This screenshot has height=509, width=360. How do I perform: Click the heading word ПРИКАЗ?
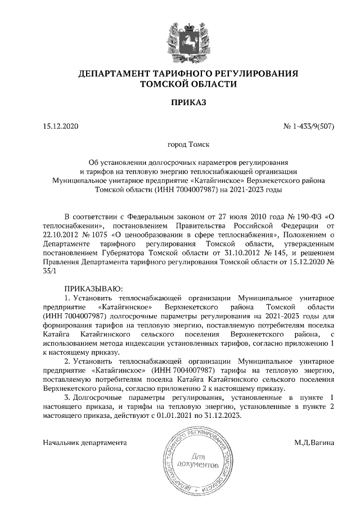coord(180,102)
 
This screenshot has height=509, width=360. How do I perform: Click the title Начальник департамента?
coord(84,443)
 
